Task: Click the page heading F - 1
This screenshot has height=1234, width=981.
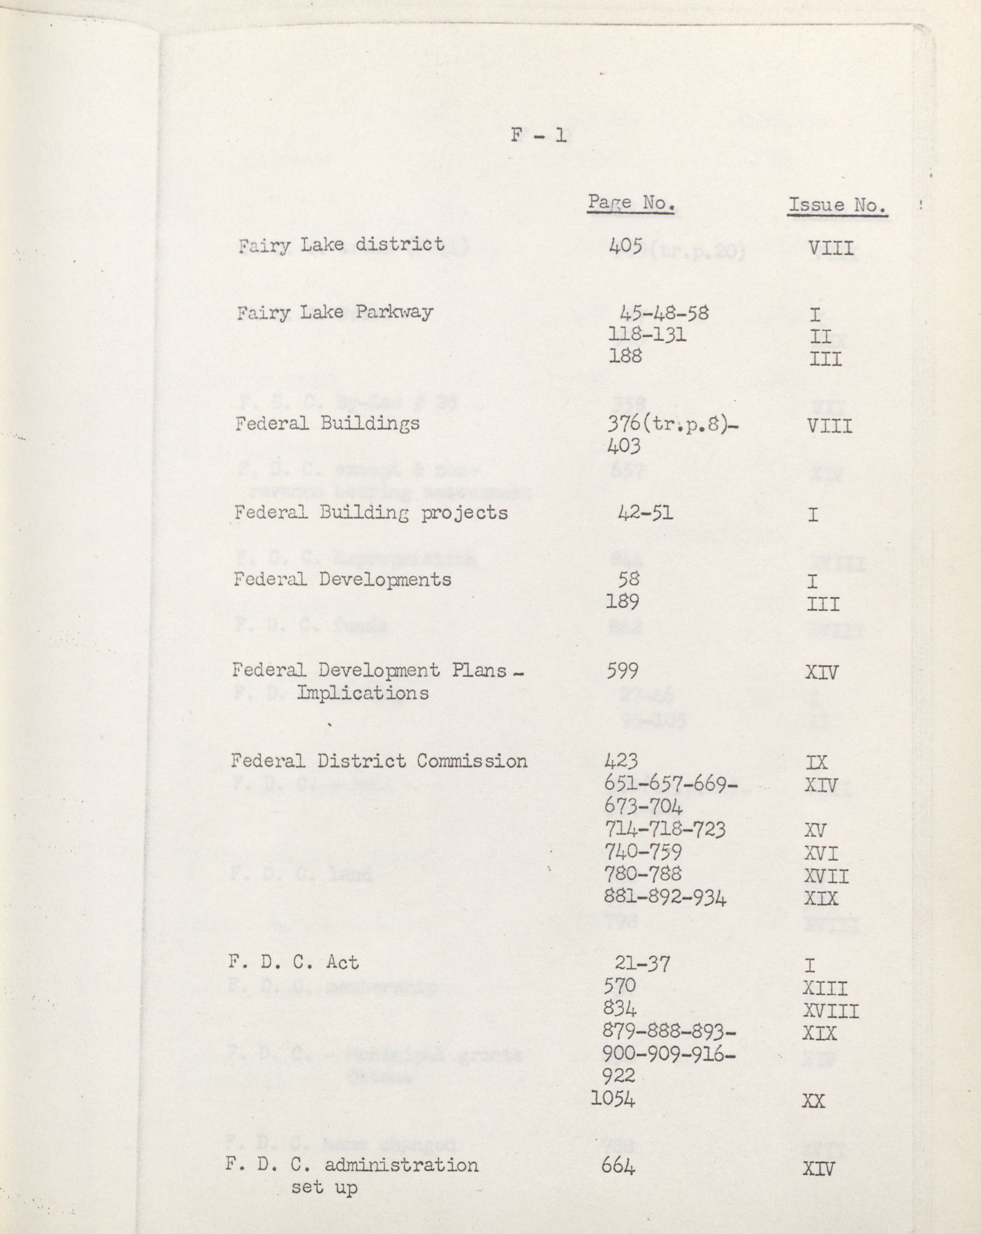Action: (x=538, y=135)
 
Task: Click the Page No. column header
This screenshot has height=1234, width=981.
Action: (x=631, y=203)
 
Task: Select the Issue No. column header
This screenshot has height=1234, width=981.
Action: (x=837, y=205)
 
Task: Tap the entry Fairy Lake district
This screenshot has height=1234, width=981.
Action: (x=341, y=245)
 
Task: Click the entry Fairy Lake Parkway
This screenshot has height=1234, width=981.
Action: (x=335, y=312)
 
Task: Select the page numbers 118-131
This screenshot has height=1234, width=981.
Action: (x=646, y=334)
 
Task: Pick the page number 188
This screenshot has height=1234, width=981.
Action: (x=625, y=356)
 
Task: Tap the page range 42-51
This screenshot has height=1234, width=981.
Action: (x=645, y=512)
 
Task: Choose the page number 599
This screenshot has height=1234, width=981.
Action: (x=623, y=670)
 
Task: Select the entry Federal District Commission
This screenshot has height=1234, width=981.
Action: (x=379, y=761)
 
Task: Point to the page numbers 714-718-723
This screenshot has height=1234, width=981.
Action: (x=665, y=829)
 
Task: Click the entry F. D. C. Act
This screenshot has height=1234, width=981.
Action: (x=294, y=962)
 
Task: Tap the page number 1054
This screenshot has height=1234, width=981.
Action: (x=613, y=1099)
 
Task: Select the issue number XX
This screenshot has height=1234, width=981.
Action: (x=813, y=1100)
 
